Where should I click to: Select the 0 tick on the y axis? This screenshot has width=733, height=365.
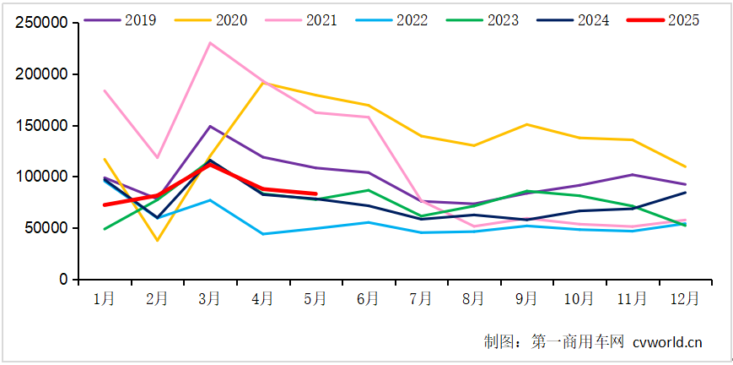(64, 279)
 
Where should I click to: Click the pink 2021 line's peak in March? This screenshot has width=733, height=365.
(209, 43)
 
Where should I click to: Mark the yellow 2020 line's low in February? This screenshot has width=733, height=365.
(157, 241)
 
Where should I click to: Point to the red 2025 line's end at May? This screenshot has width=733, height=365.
(315, 193)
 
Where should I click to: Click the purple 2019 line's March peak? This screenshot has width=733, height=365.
(209, 126)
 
